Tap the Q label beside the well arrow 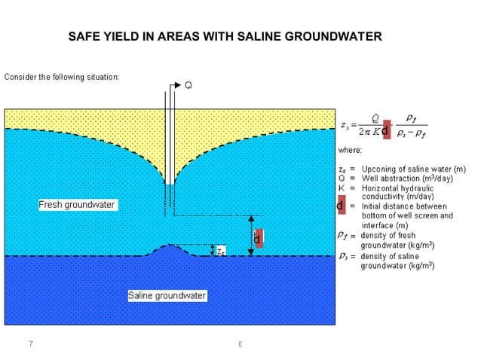click(188, 85)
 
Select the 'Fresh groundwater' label click(78, 205)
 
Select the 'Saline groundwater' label click(167, 296)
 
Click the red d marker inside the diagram click(257, 239)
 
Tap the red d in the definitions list click(341, 206)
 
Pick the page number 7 click(31, 344)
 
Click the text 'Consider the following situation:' click(62, 77)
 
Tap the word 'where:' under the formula click(350, 151)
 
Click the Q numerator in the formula click(364, 118)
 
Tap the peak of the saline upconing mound click(173, 246)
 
